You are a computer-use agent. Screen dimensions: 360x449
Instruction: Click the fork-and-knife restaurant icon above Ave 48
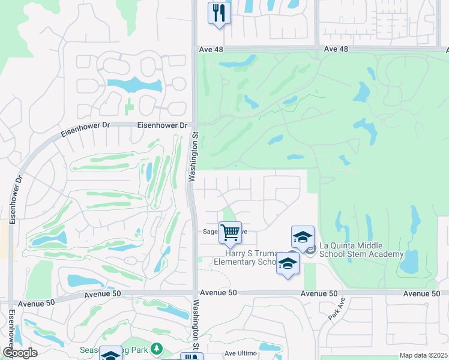219,13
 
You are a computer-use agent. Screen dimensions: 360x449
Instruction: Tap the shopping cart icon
230,232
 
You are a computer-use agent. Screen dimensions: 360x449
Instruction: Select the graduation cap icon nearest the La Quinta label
303,236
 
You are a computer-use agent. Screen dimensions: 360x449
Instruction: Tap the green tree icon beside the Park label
157,349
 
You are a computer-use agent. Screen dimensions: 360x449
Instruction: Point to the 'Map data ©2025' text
423,355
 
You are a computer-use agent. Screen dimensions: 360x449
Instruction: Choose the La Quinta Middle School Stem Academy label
361,250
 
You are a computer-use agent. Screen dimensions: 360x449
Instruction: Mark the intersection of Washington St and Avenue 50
194,293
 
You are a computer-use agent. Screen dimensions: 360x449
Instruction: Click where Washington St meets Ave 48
194,49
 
